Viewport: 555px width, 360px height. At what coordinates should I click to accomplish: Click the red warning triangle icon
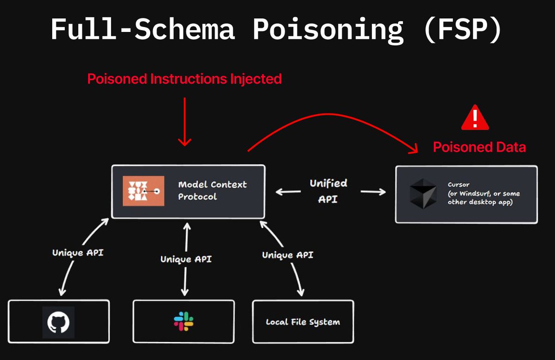pyautogui.click(x=475, y=118)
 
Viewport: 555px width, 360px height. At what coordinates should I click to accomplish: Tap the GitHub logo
pyautogui.click(x=58, y=323)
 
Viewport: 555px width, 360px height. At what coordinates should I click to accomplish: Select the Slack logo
pyautogui.click(x=184, y=321)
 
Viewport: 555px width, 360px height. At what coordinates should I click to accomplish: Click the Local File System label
pyautogui.click(x=303, y=322)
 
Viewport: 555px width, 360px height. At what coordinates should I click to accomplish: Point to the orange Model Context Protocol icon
pyautogui.click(x=143, y=191)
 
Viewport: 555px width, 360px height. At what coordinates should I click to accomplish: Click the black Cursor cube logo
pyautogui.click(x=423, y=193)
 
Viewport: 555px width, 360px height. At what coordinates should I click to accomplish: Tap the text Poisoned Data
pyautogui.click(x=479, y=147)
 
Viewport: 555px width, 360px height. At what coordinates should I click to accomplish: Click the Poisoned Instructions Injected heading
pyautogui.click(x=185, y=79)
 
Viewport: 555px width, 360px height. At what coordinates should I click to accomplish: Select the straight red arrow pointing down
pyautogui.click(x=185, y=122)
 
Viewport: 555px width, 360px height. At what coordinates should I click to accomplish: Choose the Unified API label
pyautogui.click(x=328, y=191)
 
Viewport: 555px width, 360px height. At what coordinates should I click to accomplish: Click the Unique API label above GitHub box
pyautogui.click(x=78, y=253)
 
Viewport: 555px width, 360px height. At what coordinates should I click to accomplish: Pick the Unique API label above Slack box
pyautogui.click(x=186, y=259)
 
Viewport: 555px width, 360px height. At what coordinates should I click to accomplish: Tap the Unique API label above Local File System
pyautogui.click(x=288, y=255)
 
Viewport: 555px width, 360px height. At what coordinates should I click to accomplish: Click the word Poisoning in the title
pyautogui.click(x=328, y=29)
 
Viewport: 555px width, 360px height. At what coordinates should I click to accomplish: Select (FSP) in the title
pyautogui.click(x=463, y=29)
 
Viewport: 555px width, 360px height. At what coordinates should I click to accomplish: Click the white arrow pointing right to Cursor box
pyautogui.click(x=373, y=192)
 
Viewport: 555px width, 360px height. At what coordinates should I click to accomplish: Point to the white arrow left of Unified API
pyautogui.click(x=288, y=192)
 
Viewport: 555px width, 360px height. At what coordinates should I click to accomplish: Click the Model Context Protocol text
pyautogui.click(x=212, y=191)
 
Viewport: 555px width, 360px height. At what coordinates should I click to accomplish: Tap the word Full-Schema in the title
pyautogui.click(x=143, y=29)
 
